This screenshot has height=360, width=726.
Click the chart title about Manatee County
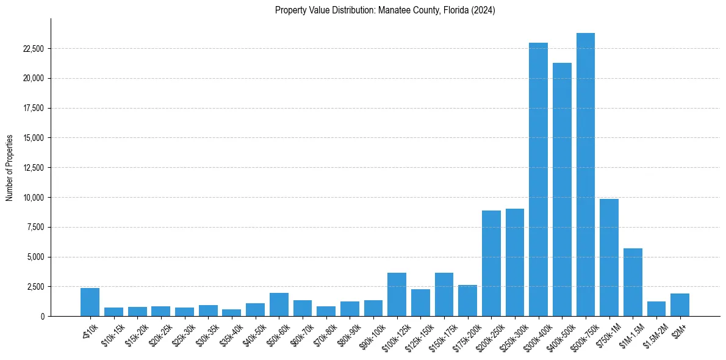(x=385, y=10)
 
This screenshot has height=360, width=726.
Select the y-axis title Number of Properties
(x=10, y=168)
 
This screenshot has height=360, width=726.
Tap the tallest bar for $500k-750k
(x=586, y=175)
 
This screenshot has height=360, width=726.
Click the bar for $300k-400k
(x=538, y=179)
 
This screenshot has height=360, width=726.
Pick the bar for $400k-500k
(x=562, y=189)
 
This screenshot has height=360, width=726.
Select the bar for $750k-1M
(x=609, y=257)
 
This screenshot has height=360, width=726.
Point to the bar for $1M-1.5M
(x=633, y=282)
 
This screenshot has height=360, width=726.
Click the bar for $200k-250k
(x=491, y=263)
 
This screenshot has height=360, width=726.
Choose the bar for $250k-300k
(x=515, y=262)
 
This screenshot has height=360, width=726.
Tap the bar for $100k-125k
(x=397, y=294)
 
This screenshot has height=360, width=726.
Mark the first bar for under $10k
(x=90, y=302)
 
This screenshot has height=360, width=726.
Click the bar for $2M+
(x=680, y=304)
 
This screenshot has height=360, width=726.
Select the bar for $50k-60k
(x=279, y=304)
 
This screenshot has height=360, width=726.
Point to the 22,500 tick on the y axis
(x=34, y=49)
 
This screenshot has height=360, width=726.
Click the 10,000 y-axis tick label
(x=34, y=198)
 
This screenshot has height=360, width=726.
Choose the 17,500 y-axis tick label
(x=34, y=108)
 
